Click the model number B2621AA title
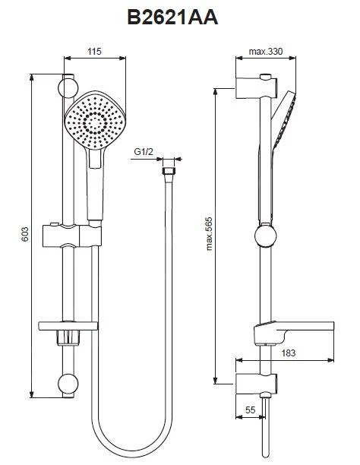pos(173,17)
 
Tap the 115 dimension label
pos(94,52)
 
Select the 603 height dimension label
pos(25,234)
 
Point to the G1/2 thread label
pos(144,151)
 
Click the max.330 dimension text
pos(266,52)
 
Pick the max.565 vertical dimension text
pos(209,234)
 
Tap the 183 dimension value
pos(289,353)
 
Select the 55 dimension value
pos(251,410)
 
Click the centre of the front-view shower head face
pos(95,121)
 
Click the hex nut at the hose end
pos(169,171)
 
